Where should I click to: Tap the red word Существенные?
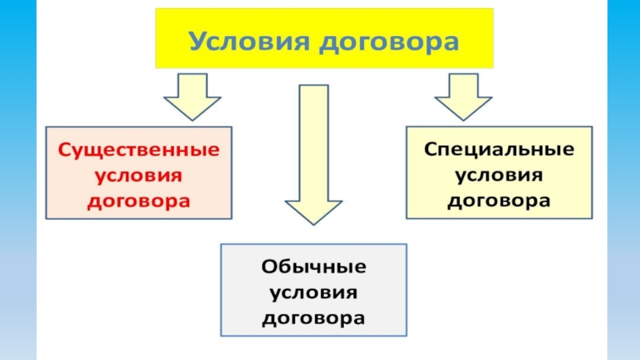[x=139, y=150]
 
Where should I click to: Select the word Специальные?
[x=498, y=150]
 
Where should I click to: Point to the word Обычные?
[x=314, y=266]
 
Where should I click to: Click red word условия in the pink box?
[x=139, y=174]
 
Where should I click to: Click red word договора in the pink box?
[x=139, y=200]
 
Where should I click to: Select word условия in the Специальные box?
[x=498, y=174]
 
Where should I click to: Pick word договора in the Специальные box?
[x=498, y=200]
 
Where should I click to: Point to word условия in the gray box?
[x=314, y=291]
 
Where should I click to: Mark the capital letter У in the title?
[x=196, y=39]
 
